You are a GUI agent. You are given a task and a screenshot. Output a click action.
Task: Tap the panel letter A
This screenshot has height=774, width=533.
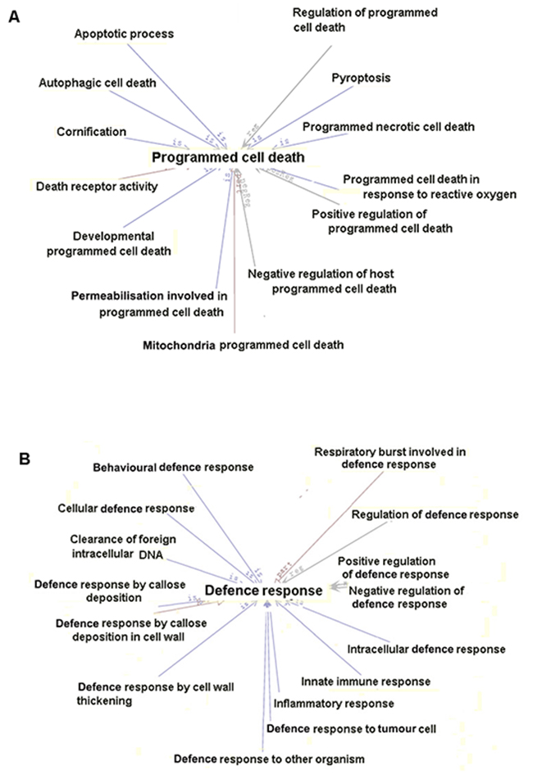pyautogui.click(x=14, y=16)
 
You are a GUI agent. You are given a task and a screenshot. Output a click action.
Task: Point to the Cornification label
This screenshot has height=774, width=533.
pyautogui.click(x=91, y=131)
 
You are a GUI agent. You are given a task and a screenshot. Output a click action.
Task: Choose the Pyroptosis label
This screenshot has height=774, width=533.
pyautogui.click(x=361, y=78)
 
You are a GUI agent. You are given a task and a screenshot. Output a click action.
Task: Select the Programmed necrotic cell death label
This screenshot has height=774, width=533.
pyautogui.click(x=389, y=127)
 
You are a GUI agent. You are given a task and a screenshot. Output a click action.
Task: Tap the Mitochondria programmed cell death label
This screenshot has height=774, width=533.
pyautogui.click(x=243, y=345)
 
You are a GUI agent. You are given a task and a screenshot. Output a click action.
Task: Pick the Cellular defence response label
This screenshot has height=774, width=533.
pyautogui.click(x=125, y=508)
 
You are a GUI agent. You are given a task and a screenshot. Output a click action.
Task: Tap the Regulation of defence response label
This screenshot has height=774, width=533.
pyautogui.click(x=435, y=514)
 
